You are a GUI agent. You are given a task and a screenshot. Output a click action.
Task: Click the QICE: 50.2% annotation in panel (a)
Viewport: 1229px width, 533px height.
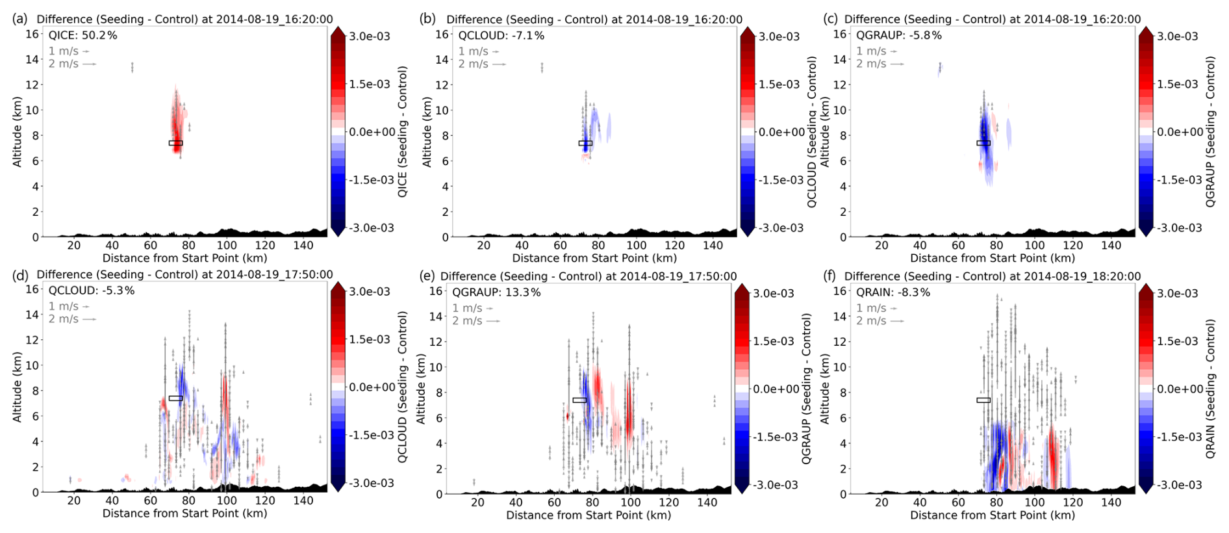(82, 35)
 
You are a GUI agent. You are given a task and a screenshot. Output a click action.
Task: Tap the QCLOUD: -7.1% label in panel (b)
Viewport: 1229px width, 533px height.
(501, 35)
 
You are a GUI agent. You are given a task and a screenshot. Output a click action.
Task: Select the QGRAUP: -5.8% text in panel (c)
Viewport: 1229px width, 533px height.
(898, 35)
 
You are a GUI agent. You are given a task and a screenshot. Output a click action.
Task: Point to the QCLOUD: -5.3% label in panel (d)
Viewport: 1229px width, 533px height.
(91, 291)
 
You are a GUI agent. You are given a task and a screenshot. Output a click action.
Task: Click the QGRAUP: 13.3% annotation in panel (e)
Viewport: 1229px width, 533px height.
(496, 292)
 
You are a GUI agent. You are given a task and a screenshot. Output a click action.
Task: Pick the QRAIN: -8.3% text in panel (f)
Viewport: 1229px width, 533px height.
(893, 292)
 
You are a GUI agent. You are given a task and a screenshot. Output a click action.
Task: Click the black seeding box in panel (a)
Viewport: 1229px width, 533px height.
(175, 143)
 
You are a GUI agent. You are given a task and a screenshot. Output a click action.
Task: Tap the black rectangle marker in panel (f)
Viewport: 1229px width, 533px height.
(983, 400)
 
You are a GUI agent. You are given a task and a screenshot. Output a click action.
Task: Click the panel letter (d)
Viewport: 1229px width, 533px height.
(19, 275)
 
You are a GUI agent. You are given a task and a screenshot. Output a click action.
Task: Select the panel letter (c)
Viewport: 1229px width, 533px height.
(830, 19)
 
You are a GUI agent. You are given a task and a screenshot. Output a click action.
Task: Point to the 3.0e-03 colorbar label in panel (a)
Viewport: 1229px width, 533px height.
(370, 36)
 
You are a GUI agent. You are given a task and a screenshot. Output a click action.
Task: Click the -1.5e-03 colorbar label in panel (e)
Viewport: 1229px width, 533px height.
(773, 437)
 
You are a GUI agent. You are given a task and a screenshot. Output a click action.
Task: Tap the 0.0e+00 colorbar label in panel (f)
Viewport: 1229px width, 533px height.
(1180, 389)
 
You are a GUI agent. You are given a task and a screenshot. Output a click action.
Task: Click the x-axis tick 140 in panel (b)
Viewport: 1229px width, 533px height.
(713, 245)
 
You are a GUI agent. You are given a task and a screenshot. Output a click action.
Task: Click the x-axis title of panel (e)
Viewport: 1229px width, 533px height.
(588, 515)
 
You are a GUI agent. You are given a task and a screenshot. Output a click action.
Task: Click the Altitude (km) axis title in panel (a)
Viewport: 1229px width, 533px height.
(18, 132)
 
